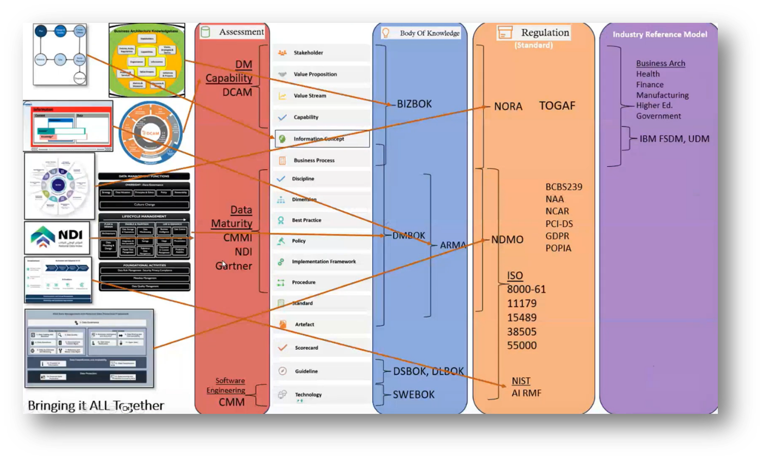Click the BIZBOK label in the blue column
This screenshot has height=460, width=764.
click(414, 104)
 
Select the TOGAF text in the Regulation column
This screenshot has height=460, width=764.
click(557, 105)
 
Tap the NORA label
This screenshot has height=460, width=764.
click(508, 106)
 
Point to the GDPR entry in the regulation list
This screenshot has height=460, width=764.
click(557, 236)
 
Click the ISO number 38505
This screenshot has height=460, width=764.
click(521, 332)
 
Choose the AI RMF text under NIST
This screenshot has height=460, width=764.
click(526, 393)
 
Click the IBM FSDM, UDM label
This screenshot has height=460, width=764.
click(674, 139)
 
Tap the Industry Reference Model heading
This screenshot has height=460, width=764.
click(660, 34)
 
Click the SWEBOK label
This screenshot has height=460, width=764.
click(414, 394)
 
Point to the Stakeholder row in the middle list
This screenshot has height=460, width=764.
click(308, 52)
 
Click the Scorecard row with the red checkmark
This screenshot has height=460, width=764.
click(306, 348)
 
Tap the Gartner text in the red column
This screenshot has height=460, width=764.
click(234, 266)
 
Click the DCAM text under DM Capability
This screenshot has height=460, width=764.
click(237, 92)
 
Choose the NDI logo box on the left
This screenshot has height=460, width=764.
click(57, 238)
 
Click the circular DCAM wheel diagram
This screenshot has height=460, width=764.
click(151, 133)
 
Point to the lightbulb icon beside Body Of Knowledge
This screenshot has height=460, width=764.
click(386, 33)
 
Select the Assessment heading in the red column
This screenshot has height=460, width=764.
click(241, 32)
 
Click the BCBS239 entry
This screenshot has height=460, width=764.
click(563, 187)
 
